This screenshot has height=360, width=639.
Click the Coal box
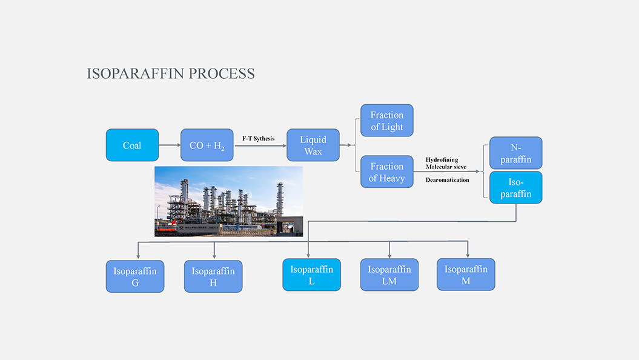132,145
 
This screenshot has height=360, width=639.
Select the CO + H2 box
207,145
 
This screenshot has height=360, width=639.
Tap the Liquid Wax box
313,145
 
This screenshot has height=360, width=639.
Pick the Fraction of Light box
386,121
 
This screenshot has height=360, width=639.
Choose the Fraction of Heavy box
386,172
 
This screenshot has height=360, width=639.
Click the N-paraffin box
515,153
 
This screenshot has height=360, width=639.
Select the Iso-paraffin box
515,187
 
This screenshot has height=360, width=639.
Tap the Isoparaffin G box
134,276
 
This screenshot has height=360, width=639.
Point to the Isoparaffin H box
213,276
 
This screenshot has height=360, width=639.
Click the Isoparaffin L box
311,275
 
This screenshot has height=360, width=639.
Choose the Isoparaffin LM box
389,275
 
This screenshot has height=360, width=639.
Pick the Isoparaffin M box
466,274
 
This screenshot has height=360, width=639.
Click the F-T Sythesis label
258,139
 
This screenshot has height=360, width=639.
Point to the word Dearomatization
447,180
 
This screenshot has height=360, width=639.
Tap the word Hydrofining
442,160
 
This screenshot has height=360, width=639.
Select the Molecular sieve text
446,167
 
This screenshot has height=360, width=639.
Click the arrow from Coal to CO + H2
169,145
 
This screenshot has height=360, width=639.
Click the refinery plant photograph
228,201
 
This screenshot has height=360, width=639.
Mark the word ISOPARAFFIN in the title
136,74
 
